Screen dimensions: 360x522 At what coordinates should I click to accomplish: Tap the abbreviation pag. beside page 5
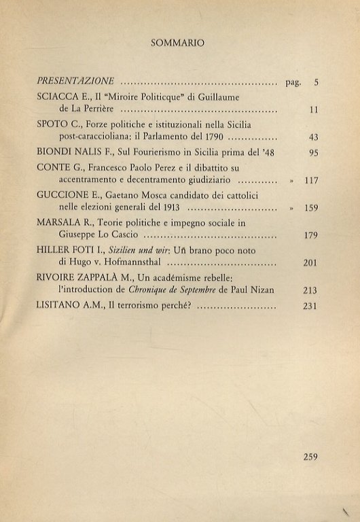click(x=291, y=82)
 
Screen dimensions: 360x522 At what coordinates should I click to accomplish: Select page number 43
click(x=313, y=137)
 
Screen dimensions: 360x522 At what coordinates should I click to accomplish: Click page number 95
click(x=313, y=153)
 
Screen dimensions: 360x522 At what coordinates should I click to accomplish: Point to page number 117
click(x=311, y=181)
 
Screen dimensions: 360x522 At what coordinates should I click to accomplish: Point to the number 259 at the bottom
click(x=310, y=457)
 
